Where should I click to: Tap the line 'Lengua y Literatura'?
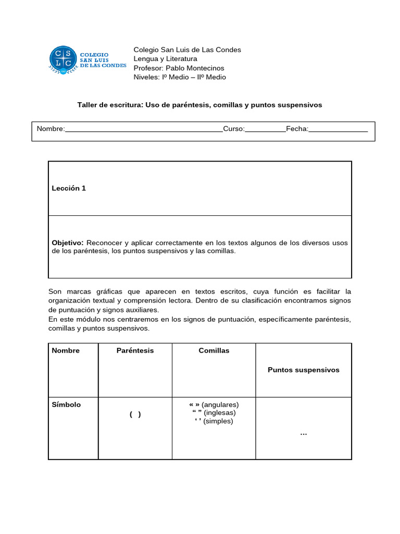click(x=165, y=59)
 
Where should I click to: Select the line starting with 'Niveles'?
click(x=180, y=77)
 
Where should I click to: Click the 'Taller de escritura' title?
click(x=199, y=105)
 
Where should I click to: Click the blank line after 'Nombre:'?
click(x=144, y=130)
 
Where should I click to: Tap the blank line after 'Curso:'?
click(x=265, y=130)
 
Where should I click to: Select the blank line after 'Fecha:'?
click(x=338, y=130)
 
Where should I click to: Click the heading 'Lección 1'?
click(x=69, y=188)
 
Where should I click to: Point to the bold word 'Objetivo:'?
click(x=68, y=242)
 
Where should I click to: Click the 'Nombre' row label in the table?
click(x=66, y=350)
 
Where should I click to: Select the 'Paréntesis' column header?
click(x=135, y=350)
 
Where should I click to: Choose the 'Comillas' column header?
click(x=214, y=350)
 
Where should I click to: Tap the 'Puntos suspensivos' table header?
click(x=303, y=370)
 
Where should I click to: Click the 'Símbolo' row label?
click(x=66, y=404)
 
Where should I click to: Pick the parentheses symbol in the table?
click(x=135, y=414)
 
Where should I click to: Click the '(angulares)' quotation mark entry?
click(x=214, y=404)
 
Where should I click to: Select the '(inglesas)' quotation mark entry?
click(x=214, y=412)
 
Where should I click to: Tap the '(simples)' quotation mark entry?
click(x=214, y=421)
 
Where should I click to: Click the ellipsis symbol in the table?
click(x=304, y=433)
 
